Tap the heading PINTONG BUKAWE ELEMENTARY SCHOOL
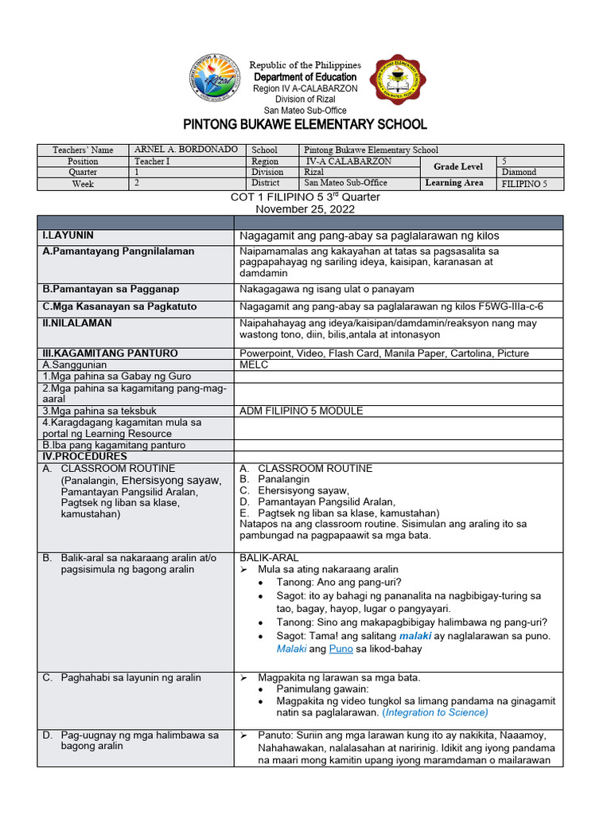pyautogui.click(x=305, y=124)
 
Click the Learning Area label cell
pyautogui.click(x=454, y=183)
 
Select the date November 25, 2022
pyautogui.click(x=305, y=209)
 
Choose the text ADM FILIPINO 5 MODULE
pyautogui.click(x=301, y=411)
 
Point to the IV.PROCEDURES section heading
pyautogui.click(x=84, y=457)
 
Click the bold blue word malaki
pyautogui.click(x=414, y=636)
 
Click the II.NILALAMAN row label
pyautogui.click(x=76, y=323)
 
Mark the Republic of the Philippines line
pyautogui.click(x=305, y=64)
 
